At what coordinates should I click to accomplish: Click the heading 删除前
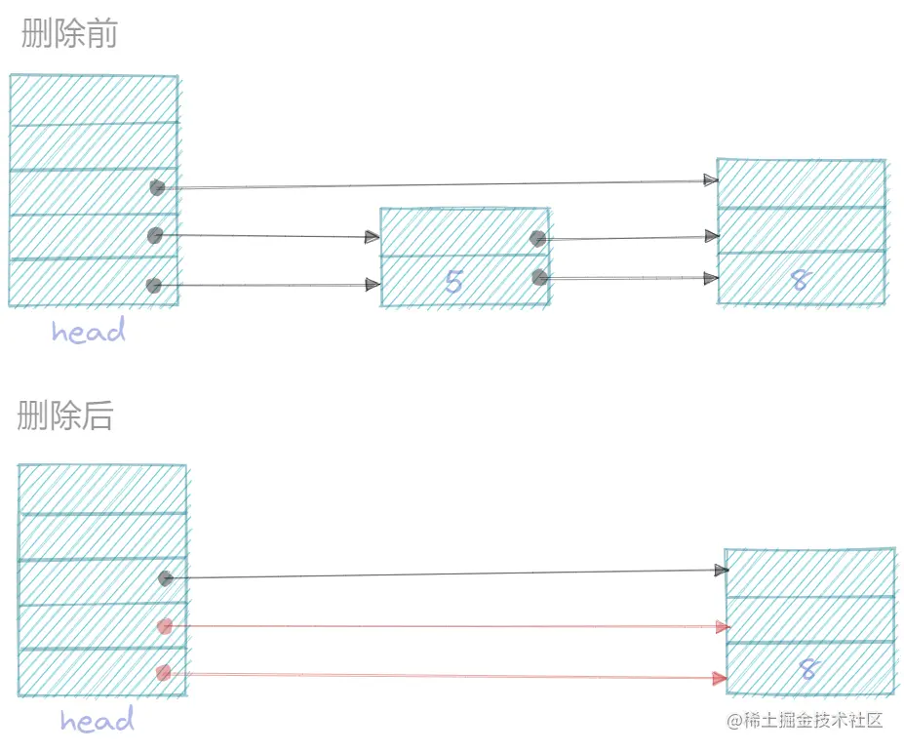click(69, 35)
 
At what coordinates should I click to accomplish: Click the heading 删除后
click(65, 415)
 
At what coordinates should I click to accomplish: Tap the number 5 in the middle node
click(453, 282)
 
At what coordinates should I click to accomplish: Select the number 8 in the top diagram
click(800, 280)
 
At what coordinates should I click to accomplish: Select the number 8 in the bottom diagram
click(807, 670)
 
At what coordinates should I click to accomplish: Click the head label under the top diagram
click(89, 332)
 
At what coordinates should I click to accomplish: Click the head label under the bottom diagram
click(97, 721)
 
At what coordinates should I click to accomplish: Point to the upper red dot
click(165, 626)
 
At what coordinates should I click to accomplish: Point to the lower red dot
click(164, 673)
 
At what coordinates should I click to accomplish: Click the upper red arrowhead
click(723, 627)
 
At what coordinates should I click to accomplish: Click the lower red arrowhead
click(721, 678)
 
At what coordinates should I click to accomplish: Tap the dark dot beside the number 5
click(540, 278)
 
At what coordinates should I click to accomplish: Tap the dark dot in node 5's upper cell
click(537, 238)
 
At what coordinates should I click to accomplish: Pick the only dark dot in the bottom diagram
click(166, 578)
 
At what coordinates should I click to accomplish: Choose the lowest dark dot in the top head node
click(153, 286)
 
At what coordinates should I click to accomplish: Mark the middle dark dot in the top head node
click(154, 235)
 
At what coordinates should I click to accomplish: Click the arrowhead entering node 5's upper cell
click(373, 236)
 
